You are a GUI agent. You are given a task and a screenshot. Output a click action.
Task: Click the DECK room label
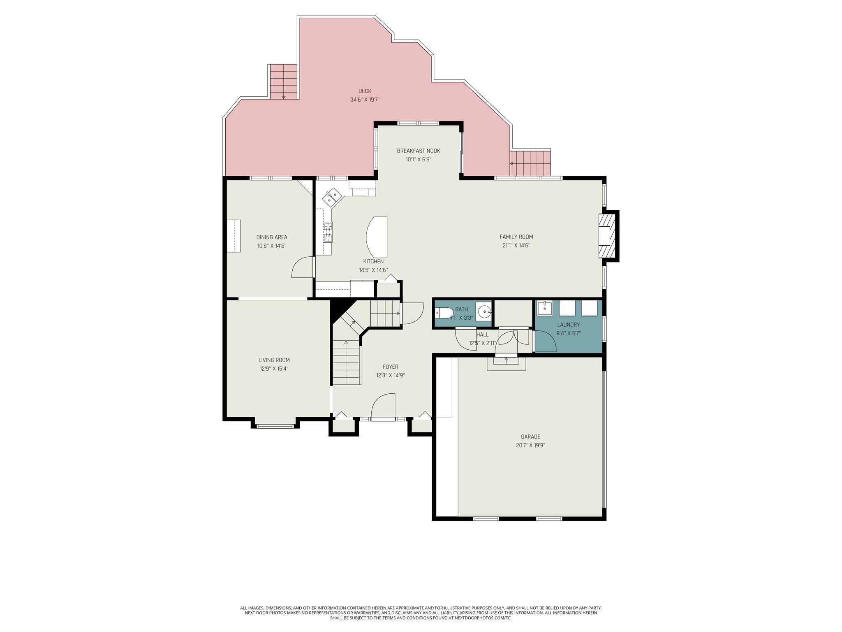(365, 91)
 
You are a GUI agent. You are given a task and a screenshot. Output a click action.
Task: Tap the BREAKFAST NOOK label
(419, 151)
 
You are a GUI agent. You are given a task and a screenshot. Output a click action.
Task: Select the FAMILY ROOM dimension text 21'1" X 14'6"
(516, 246)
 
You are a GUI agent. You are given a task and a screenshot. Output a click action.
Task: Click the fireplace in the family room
(608, 236)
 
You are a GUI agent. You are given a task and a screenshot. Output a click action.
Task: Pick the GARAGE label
(530, 437)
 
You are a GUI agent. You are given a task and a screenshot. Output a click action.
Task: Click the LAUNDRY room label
(568, 325)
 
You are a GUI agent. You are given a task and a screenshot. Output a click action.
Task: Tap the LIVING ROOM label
(274, 360)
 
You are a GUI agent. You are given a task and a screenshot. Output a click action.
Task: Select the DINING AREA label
(272, 237)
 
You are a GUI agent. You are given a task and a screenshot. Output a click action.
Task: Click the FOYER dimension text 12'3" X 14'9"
(390, 376)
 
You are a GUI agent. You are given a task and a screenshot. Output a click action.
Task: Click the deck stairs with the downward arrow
(284, 82)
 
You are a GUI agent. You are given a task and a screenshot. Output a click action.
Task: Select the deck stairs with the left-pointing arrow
(530, 163)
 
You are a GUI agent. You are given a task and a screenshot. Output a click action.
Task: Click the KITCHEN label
(373, 262)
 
